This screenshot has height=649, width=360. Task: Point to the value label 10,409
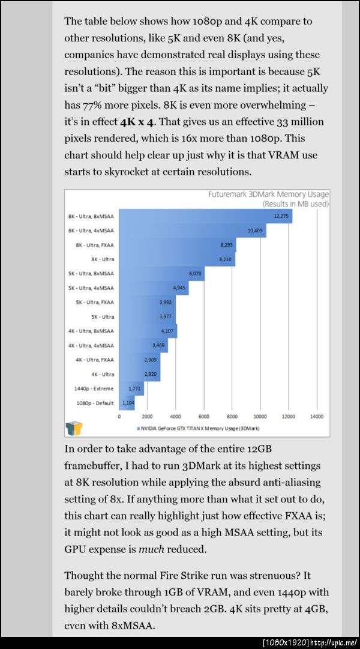pos(256,230)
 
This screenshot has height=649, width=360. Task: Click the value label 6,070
pos(195,273)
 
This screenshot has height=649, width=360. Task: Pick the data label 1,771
pos(134,388)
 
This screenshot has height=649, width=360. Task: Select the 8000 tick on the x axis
pos(232,416)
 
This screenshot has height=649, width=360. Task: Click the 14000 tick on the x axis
pos(317,416)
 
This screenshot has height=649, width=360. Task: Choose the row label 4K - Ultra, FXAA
pos(95,360)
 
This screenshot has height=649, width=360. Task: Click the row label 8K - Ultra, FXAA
pos(94,244)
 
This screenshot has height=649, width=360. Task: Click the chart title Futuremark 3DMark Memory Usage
pos(268,195)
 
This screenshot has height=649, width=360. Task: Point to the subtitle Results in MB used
pos(295,204)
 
